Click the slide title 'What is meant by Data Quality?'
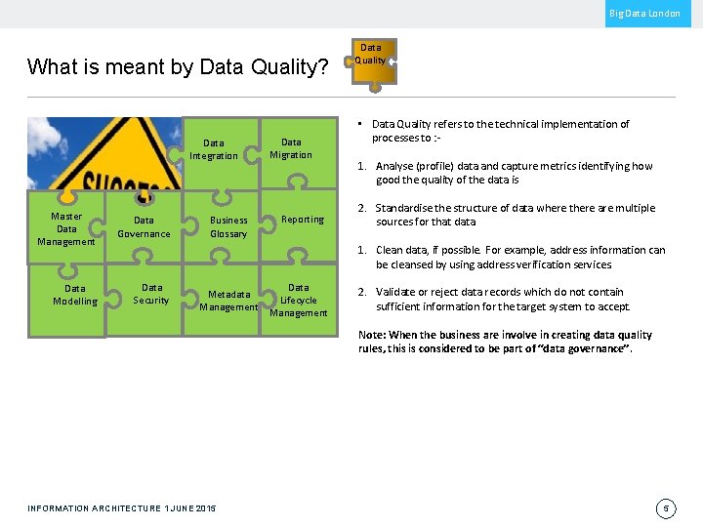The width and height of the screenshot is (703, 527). pos(178,66)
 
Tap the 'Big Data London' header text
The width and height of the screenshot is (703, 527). pos(644,14)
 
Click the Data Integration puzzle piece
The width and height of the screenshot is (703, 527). pos(214,149)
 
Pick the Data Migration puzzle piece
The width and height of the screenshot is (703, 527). pos(291,148)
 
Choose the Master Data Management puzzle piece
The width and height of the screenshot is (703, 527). pos(66,228)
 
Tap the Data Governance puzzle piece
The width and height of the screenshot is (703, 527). pos(144,226)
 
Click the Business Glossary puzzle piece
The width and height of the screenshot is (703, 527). pos(228,226)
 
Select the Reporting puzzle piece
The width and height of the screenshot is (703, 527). pos(303,220)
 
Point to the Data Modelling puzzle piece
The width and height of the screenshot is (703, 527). pos(75,295)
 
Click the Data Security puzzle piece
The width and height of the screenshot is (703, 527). pos(151,294)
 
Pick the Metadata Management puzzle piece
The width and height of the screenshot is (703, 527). pos(228,301)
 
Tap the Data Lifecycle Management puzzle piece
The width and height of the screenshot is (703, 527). pos(299,301)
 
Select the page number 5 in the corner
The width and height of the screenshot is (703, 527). pos(665,508)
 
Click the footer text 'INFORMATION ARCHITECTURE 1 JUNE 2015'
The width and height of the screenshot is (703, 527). pos(122,508)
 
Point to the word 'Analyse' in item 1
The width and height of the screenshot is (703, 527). pos(395,166)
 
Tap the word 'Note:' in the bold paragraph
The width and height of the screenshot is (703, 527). pos(372,335)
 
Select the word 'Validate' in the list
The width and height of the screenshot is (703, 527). pos(396,292)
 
